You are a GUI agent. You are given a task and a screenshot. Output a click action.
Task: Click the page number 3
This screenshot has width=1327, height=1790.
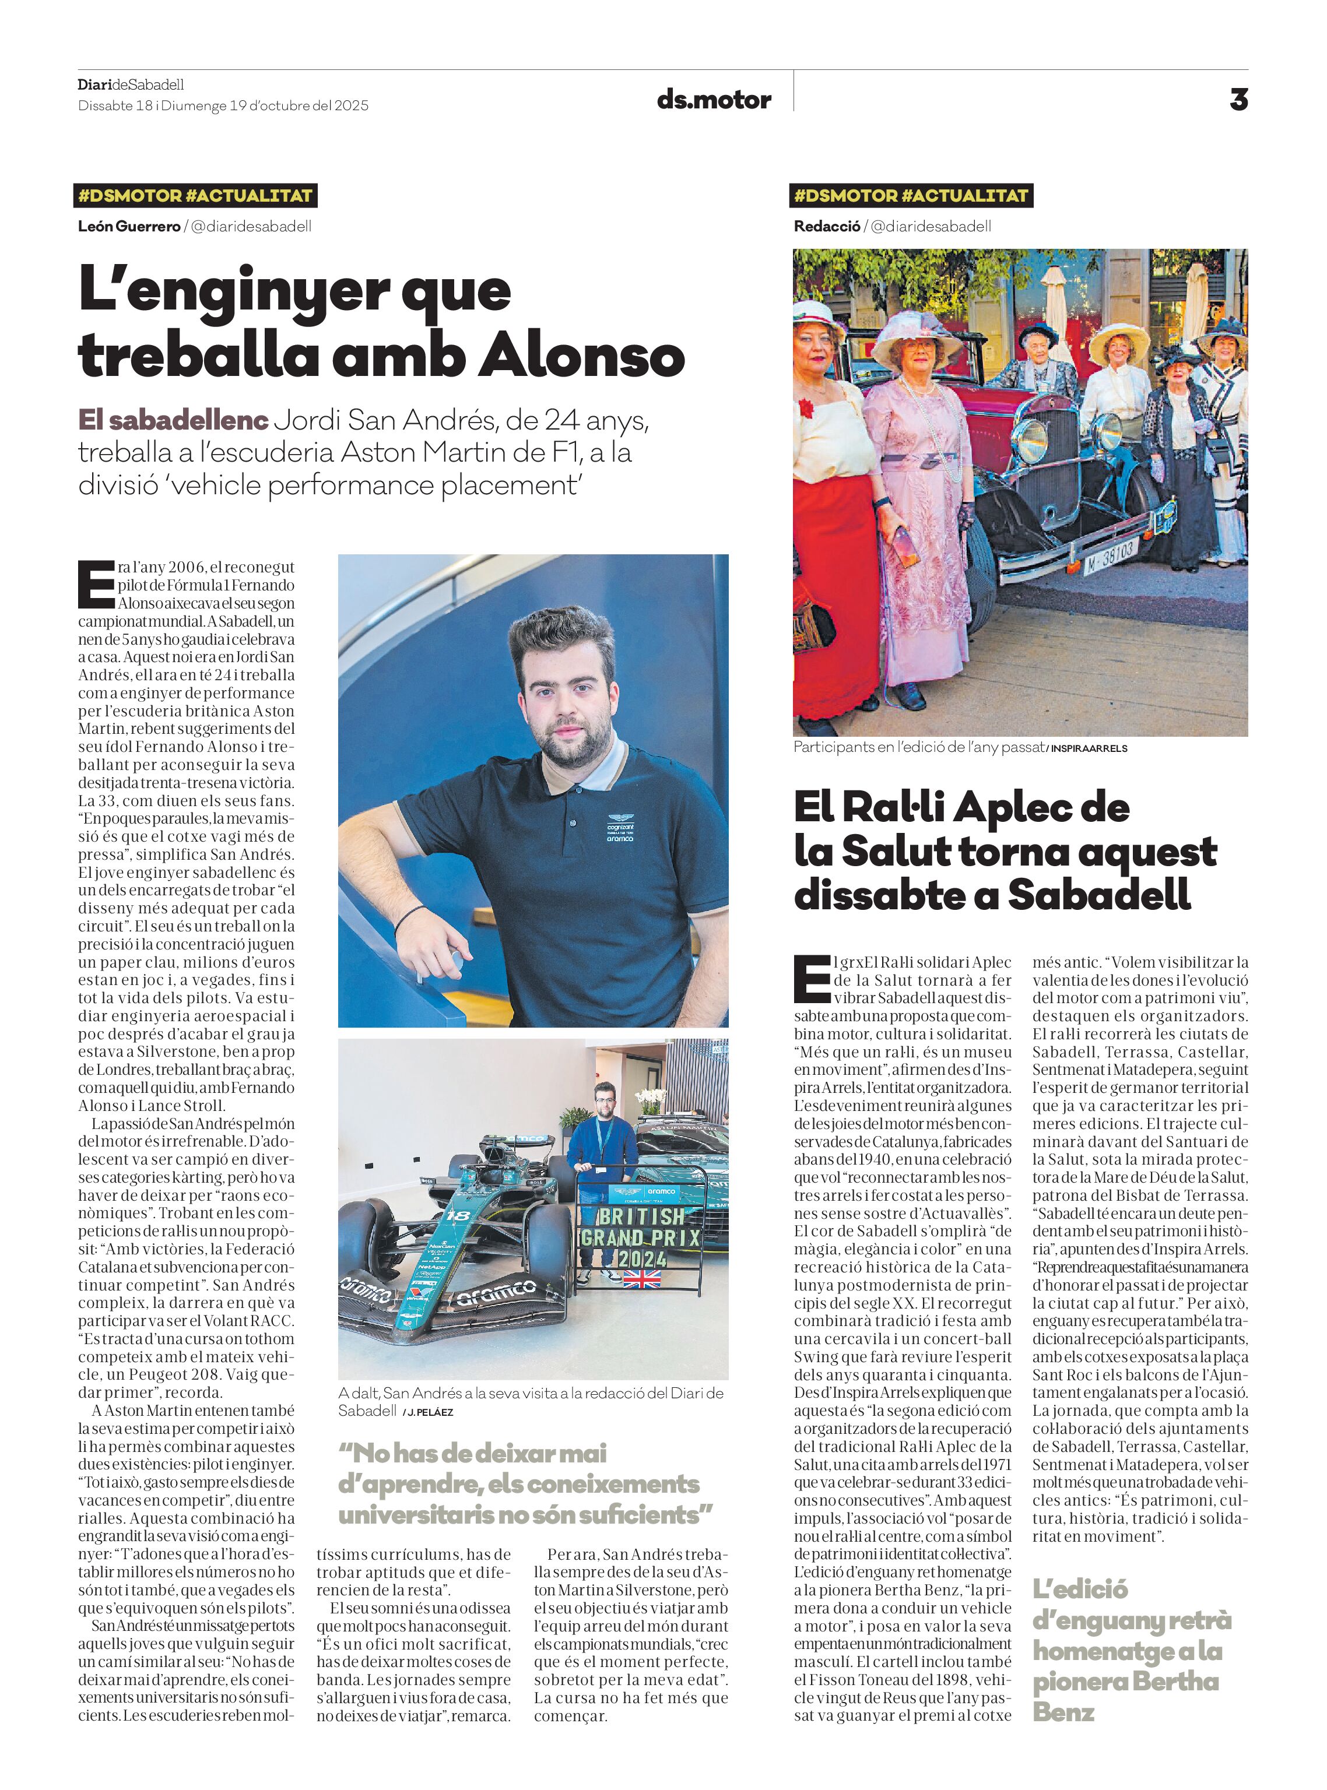click(1238, 100)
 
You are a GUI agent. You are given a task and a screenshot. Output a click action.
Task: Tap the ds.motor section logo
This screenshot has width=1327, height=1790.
click(713, 100)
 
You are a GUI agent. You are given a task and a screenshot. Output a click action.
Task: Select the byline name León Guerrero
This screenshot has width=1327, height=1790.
click(128, 227)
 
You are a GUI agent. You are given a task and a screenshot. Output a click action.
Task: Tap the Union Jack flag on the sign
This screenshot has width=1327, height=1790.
click(642, 1278)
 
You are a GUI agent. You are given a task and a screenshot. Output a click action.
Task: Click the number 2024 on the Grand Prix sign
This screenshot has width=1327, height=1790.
click(642, 1258)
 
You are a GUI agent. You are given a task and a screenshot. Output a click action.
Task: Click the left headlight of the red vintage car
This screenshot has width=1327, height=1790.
click(1031, 438)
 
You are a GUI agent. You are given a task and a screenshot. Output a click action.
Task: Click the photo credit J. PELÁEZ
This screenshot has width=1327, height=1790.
click(430, 1412)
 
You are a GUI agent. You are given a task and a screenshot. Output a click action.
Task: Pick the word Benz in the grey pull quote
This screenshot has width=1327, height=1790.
click(1063, 1713)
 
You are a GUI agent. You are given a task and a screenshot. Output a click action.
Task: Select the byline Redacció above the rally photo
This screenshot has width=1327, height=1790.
click(827, 227)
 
